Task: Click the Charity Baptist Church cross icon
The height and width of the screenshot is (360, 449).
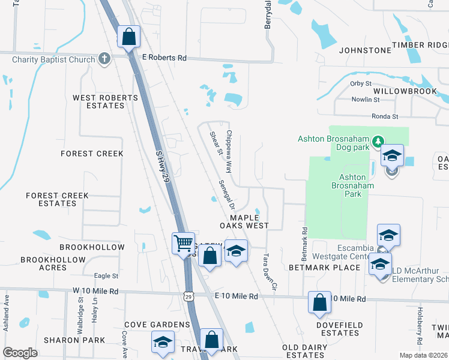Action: click(104, 59)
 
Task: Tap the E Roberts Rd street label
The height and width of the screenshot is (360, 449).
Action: click(164, 58)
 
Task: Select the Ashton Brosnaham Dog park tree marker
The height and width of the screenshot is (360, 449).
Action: click(378, 142)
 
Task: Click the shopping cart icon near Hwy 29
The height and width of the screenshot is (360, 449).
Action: click(183, 244)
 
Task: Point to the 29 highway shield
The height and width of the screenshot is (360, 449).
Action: click(189, 296)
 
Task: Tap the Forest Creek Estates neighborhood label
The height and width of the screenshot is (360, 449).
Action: click(57, 199)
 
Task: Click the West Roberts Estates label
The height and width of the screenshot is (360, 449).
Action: click(98, 101)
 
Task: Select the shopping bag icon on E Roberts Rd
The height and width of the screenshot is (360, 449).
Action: click(128, 37)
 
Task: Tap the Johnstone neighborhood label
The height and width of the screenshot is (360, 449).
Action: click(365, 50)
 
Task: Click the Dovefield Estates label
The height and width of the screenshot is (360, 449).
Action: click(340, 329)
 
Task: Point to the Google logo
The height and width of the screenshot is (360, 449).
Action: click(20, 353)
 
